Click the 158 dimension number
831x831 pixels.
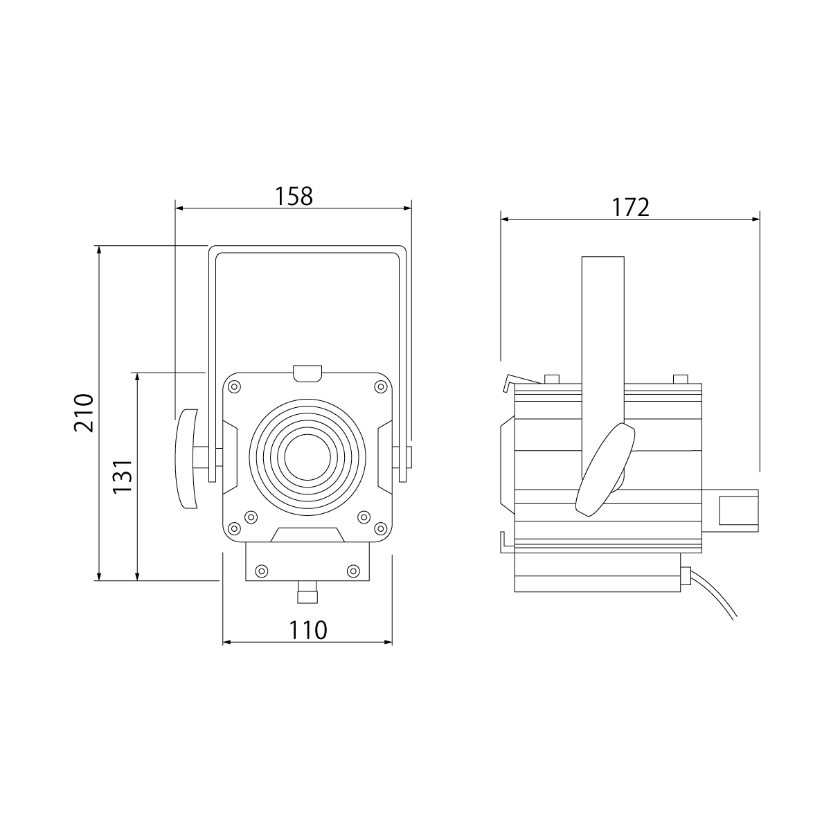[294, 196]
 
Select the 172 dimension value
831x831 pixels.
[630, 208]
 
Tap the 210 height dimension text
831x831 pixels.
[83, 413]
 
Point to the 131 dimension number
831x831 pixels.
[122, 476]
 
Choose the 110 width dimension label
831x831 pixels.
[308, 630]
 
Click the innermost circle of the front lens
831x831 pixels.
[307, 457]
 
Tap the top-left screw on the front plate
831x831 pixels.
[234, 386]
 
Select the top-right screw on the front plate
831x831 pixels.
[381, 386]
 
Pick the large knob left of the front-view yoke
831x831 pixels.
[186, 459]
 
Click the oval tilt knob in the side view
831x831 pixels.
[605, 470]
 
